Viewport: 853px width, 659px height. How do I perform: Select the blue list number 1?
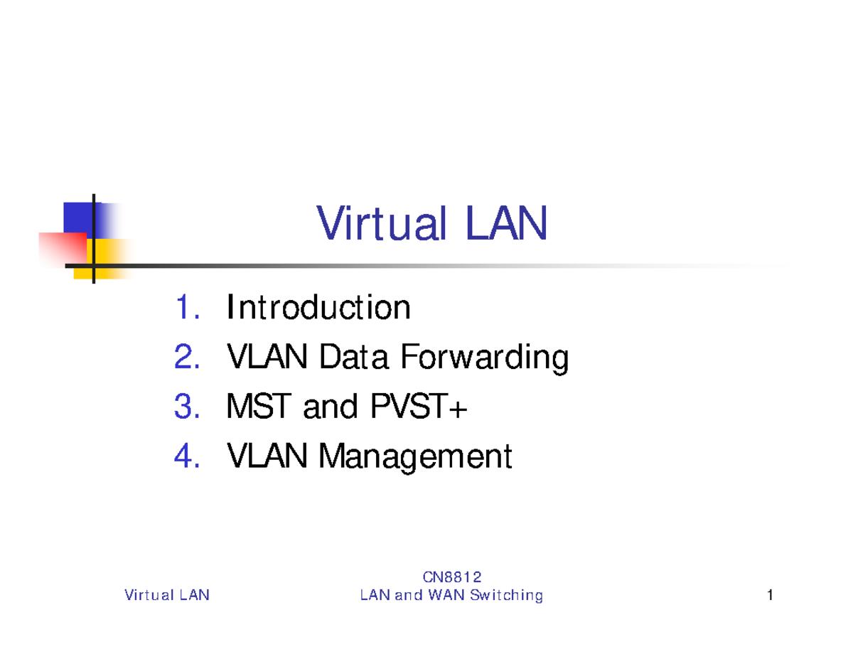(x=187, y=309)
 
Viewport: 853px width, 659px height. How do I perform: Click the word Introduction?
(x=318, y=309)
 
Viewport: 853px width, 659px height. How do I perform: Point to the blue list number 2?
(x=187, y=358)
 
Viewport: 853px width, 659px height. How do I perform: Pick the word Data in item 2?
(x=354, y=358)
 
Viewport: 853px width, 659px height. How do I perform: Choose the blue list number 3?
(x=187, y=407)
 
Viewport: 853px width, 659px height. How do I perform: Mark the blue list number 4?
(x=187, y=456)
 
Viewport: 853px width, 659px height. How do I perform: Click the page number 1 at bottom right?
(x=770, y=596)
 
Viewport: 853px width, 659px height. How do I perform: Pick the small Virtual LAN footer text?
(x=167, y=596)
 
